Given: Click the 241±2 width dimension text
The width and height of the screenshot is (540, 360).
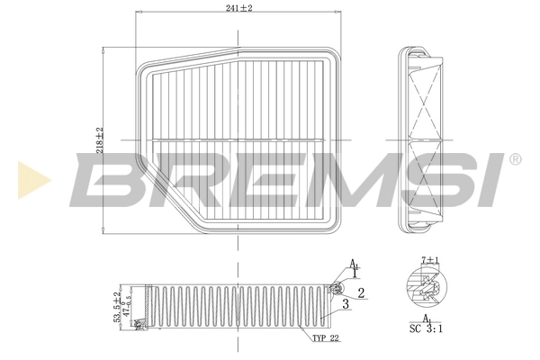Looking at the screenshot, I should [239, 8].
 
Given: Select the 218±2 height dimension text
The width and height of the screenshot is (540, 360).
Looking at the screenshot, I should [101, 139].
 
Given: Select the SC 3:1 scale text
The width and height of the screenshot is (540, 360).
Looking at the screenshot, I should [426, 330].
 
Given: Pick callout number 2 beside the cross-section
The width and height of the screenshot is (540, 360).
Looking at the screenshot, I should [360, 292].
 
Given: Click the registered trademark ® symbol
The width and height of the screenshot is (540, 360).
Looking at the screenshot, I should [514, 160].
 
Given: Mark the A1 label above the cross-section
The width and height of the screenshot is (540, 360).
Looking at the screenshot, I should [355, 265].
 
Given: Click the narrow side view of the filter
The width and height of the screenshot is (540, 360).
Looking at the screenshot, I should [422, 139].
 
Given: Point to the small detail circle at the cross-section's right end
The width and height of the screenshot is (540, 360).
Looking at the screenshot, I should [336, 289].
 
